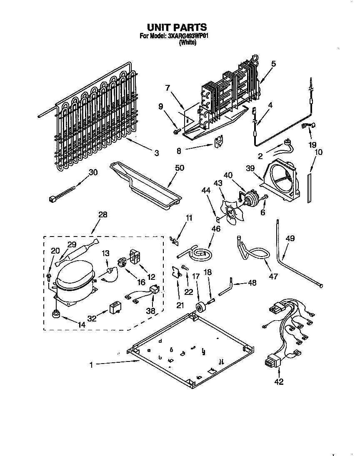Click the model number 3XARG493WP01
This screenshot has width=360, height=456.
tap(187, 36)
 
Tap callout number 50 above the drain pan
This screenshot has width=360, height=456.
tap(180, 167)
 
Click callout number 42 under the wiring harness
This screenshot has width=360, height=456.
tap(279, 381)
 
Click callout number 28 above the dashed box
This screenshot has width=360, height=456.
tap(102, 215)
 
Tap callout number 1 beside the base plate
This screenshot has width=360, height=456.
tap(91, 365)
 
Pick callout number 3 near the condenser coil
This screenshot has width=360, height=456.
tap(156, 153)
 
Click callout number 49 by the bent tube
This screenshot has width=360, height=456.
tap(290, 238)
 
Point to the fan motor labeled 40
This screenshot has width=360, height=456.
tap(252, 199)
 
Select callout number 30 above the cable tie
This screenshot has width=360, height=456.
tap(93, 172)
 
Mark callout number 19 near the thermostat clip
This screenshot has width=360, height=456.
tap(312, 145)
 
